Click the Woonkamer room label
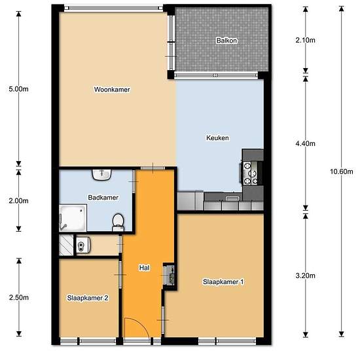[x=112, y=89]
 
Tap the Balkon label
[x=226, y=41]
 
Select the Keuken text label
[x=217, y=137]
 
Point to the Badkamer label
[x=103, y=198]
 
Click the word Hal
[x=144, y=268]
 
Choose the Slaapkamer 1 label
[x=223, y=281]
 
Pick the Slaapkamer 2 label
[x=88, y=298]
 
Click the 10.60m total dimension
[x=342, y=171]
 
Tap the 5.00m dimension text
[x=18, y=89]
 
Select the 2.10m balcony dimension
[x=306, y=41]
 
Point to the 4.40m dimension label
[x=306, y=144]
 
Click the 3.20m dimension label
[x=306, y=276]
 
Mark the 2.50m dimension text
[x=19, y=298]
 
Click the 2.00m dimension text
[x=18, y=201]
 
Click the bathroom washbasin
[x=101, y=175]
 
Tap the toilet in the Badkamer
[x=118, y=223]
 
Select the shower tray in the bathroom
[x=73, y=218]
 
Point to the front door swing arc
[x=141, y=323]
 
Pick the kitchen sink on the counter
[x=232, y=198]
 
